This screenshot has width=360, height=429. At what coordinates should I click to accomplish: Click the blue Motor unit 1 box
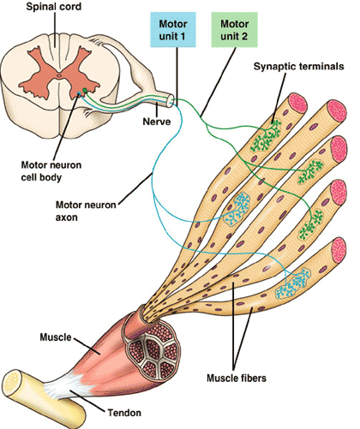pyautogui.click(x=173, y=29)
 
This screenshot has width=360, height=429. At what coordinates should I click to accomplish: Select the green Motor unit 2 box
pyautogui.click(x=234, y=29)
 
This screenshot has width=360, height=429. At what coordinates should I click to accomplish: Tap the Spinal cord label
pyautogui.click(x=54, y=7)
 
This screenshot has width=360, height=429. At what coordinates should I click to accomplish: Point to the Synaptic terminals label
pyautogui.click(x=298, y=67)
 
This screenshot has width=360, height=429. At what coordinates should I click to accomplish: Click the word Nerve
pyautogui.click(x=157, y=122)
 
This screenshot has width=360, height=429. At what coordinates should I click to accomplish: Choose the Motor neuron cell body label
pyautogui.click(x=51, y=171)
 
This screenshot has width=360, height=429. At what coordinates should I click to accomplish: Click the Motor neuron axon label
pyautogui.click(x=86, y=211)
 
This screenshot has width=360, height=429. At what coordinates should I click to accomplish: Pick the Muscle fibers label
pyautogui.click(x=237, y=378)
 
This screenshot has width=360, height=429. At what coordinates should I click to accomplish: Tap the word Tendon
pyautogui.click(x=124, y=413)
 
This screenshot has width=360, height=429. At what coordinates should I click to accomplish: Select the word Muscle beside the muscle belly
pyautogui.click(x=56, y=337)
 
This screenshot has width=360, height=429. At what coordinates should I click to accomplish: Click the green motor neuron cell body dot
pyautogui.click(x=85, y=91)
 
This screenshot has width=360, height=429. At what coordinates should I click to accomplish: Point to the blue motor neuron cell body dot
pyautogui.click(x=79, y=93)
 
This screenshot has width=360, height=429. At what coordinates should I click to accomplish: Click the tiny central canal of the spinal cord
pyautogui.click(x=59, y=75)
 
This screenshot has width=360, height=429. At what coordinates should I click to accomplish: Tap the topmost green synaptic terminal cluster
pyautogui.click(x=266, y=136)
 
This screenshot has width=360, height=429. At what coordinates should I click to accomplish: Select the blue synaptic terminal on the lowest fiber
pyautogui.click(x=293, y=283)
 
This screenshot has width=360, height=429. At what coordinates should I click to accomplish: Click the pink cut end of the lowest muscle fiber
pyautogui.click(x=339, y=250)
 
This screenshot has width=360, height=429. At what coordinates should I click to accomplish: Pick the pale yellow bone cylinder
pyautogui.click(x=44, y=399)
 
